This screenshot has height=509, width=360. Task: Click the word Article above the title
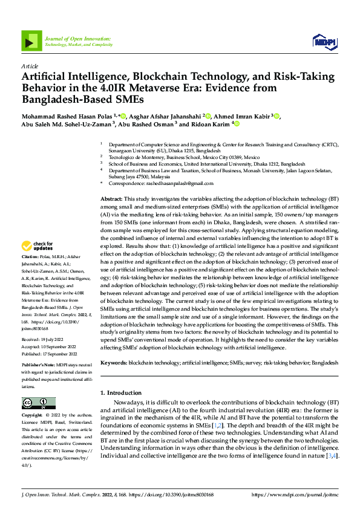30,66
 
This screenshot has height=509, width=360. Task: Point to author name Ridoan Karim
212,124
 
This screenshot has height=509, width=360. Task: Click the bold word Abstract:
111,199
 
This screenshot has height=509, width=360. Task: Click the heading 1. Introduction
121,393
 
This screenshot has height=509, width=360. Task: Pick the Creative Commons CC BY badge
38,403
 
